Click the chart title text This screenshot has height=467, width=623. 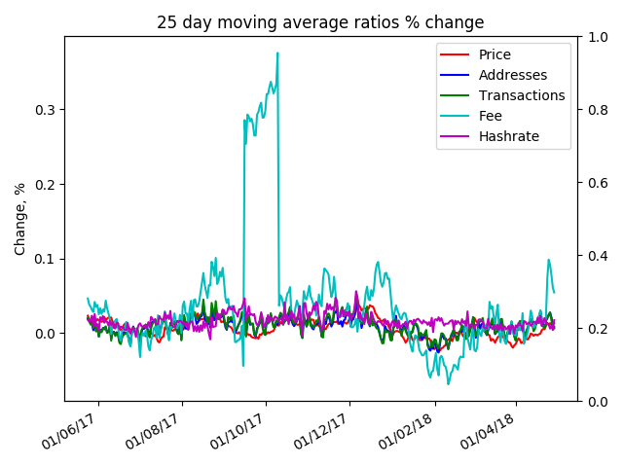[320, 22]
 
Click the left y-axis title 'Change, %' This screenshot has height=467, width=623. [20, 219]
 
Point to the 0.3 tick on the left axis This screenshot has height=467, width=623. [46, 109]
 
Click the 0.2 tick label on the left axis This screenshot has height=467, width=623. [46, 184]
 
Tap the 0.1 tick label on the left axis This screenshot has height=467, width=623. [46, 259]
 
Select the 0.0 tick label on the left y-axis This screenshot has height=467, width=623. [46, 334]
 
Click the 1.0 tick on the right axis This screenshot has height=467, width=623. [596, 37]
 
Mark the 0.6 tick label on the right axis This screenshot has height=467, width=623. [596, 183]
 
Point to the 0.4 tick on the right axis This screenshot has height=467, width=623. [596, 256]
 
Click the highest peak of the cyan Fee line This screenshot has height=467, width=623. [277, 54]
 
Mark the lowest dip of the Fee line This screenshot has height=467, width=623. [448, 383]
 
